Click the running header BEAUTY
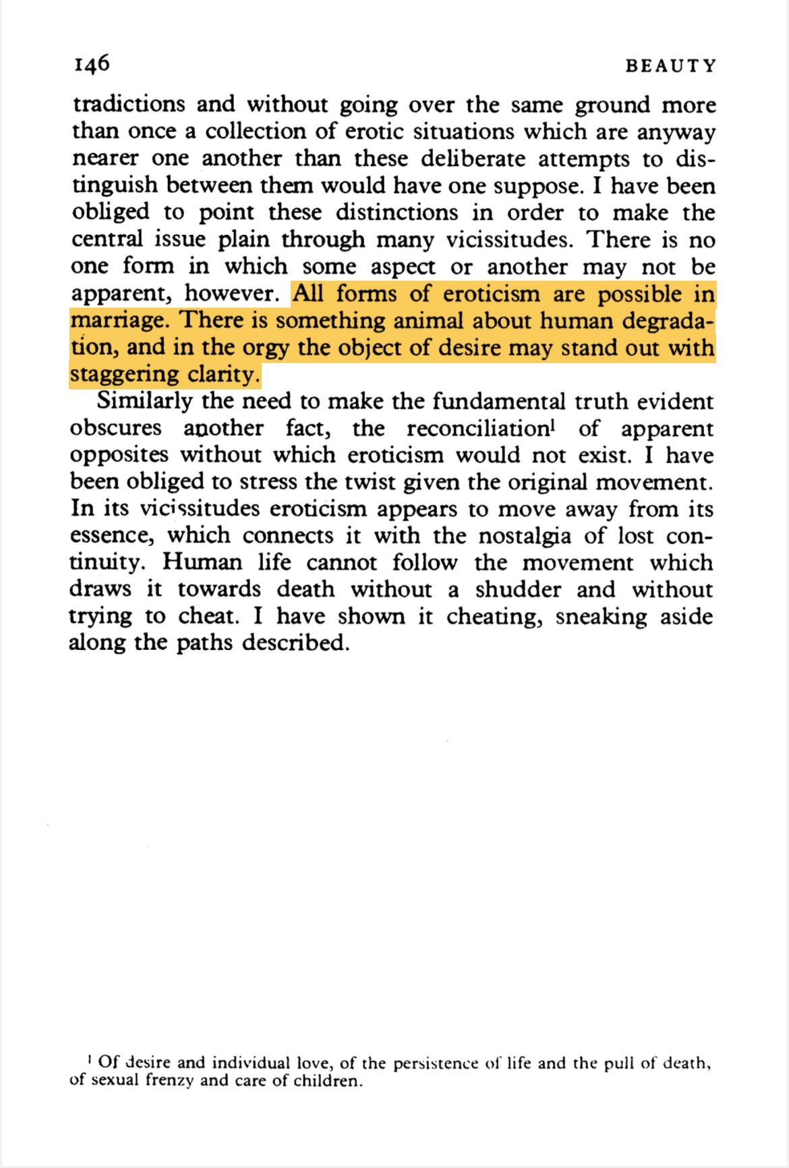tap(670, 66)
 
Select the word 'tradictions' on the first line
tap(128, 105)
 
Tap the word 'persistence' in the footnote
tap(436, 1064)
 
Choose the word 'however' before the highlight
tap(231, 294)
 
